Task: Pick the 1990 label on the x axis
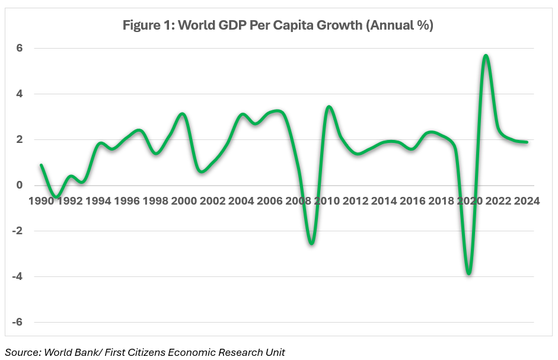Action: click(x=42, y=200)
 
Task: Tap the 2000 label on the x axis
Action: click(x=184, y=200)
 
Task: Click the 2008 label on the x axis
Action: click(x=298, y=200)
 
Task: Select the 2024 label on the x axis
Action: click(x=526, y=200)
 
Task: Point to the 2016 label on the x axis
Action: click(x=412, y=200)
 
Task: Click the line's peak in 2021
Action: click(x=486, y=56)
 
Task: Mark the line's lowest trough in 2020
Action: click(x=469, y=273)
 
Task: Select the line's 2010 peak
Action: click(x=329, y=107)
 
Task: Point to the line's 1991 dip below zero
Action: click(x=56, y=196)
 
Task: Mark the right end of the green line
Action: click(x=527, y=142)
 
